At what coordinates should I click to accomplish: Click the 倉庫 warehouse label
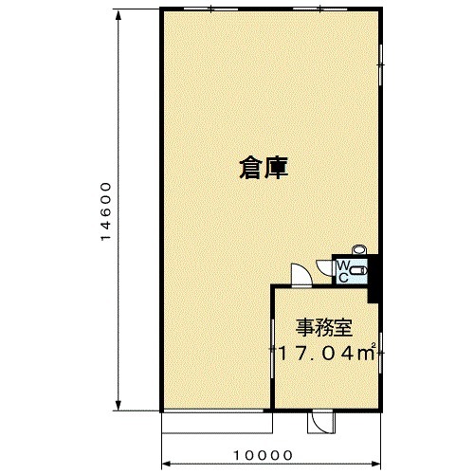pyautogui.click(x=264, y=169)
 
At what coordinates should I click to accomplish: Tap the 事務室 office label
pyautogui.click(x=324, y=328)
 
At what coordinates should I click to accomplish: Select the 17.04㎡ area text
pyautogui.click(x=326, y=353)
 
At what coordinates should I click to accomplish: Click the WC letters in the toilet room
pyautogui.click(x=343, y=271)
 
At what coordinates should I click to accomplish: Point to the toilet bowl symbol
pyautogui.click(x=358, y=271)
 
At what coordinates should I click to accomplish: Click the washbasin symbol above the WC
pyautogui.click(x=358, y=249)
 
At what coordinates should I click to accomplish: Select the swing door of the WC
pyautogui.click(x=323, y=268)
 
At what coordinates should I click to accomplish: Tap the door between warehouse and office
pyautogui.click(x=301, y=274)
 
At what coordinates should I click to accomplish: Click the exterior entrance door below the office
pyautogui.click(x=320, y=422)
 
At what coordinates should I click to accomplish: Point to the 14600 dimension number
pyautogui.click(x=106, y=211)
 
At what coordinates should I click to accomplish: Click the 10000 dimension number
pyautogui.click(x=263, y=455)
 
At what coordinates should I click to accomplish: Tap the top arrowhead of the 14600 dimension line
pyautogui.click(x=118, y=15)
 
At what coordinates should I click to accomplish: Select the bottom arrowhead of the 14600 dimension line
pyautogui.click(x=118, y=405)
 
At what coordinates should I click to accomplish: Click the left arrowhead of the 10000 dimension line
pyautogui.click(x=167, y=464)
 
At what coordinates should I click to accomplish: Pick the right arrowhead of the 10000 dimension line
pyautogui.click(x=375, y=464)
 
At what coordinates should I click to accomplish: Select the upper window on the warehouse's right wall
pyautogui.click(x=381, y=64)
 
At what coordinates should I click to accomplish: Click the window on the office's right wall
pyautogui.click(x=381, y=353)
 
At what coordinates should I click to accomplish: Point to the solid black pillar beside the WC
pyautogui.click(x=374, y=279)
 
